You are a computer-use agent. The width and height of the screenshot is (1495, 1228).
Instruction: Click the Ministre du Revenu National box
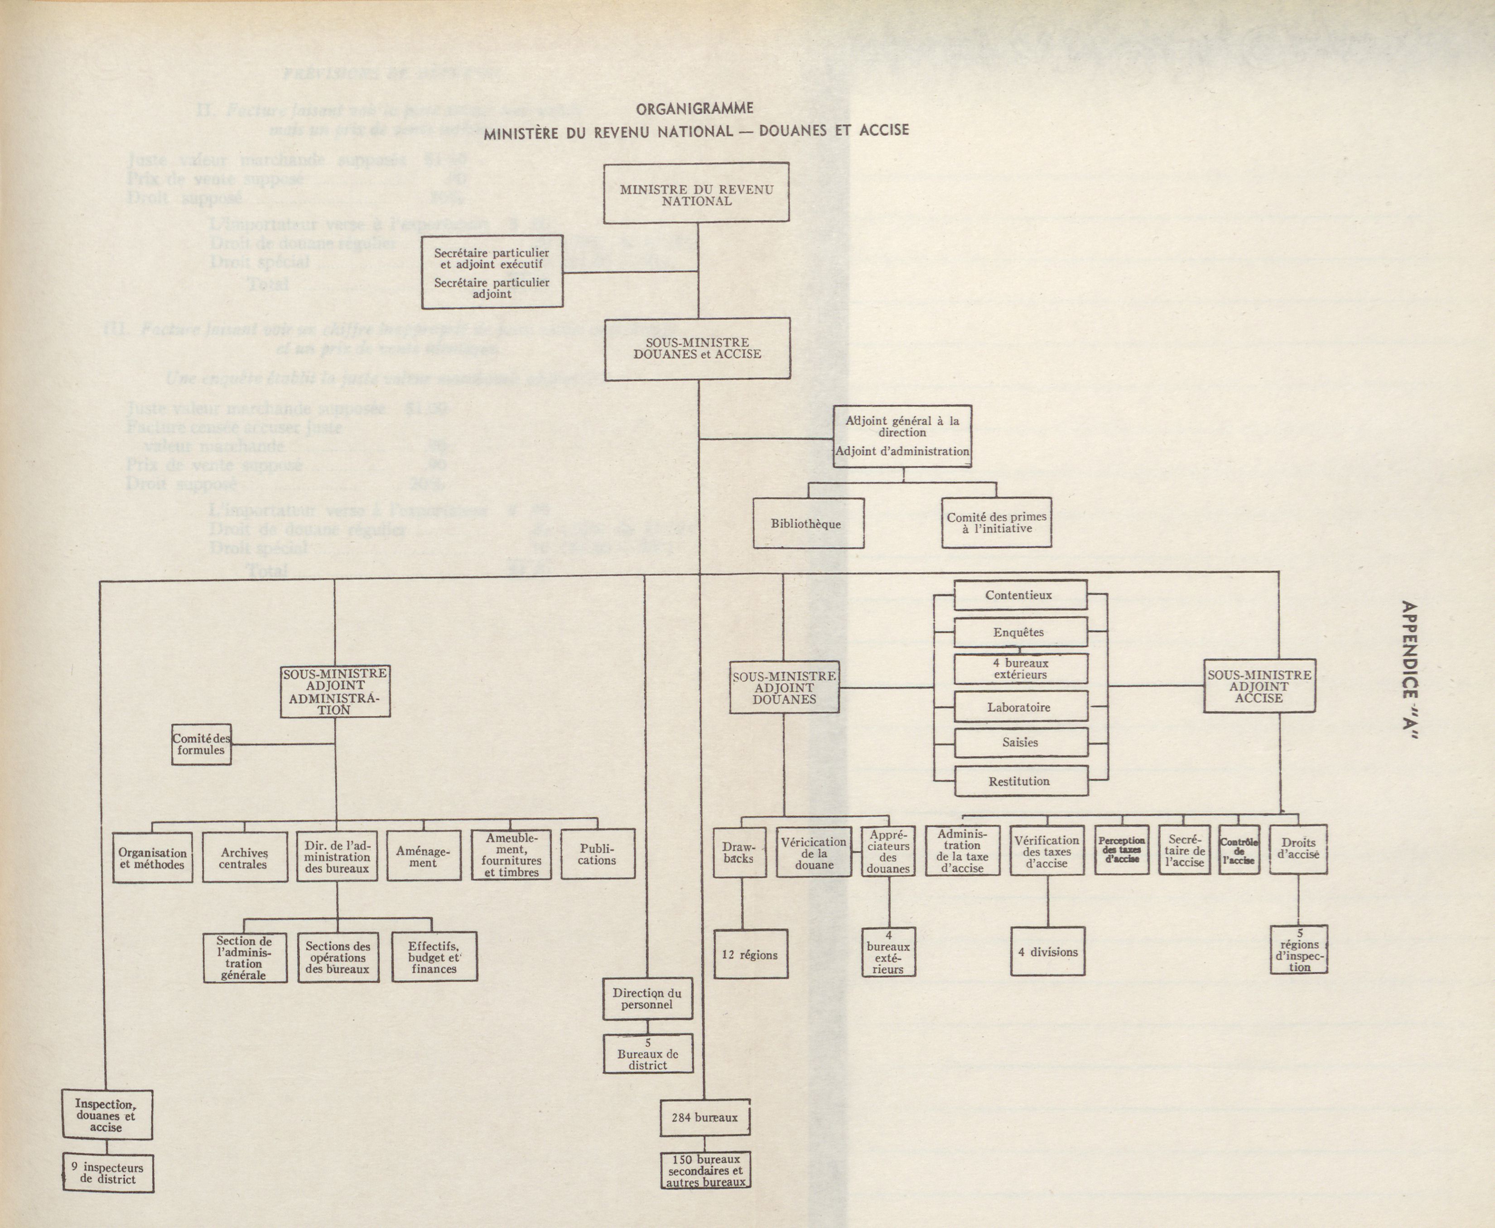[x=696, y=193]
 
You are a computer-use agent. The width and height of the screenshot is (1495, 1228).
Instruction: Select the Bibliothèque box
[x=808, y=524]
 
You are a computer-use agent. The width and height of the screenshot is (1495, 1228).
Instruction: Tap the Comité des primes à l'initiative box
[x=996, y=523]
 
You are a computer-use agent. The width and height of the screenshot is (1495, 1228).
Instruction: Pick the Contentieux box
[x=1019, y=595]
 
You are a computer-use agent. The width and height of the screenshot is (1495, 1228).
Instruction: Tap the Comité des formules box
[x=201, y=744]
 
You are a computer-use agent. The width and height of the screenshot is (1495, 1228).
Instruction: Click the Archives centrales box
[x=245, y=857]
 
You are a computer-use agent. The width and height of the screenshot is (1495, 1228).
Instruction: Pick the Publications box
[x=597, y=854]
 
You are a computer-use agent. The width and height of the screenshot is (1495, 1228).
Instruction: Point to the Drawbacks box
[x=739, y=852]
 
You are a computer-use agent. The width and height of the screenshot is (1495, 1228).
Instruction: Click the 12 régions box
[x=750, y=954]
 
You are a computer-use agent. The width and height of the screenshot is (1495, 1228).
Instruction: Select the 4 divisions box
[x=1047, y=951]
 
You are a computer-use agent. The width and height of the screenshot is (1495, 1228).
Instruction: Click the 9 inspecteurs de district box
[x=107, y=1173]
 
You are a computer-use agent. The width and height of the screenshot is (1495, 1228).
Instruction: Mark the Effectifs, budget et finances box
[x=434, y=957]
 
